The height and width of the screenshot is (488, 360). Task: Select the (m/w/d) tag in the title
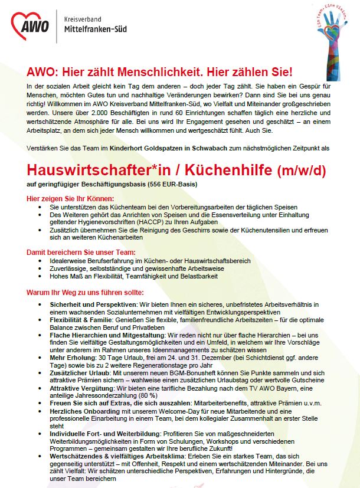[301, 172]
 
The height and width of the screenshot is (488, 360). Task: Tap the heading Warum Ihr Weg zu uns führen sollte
[85, 293]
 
